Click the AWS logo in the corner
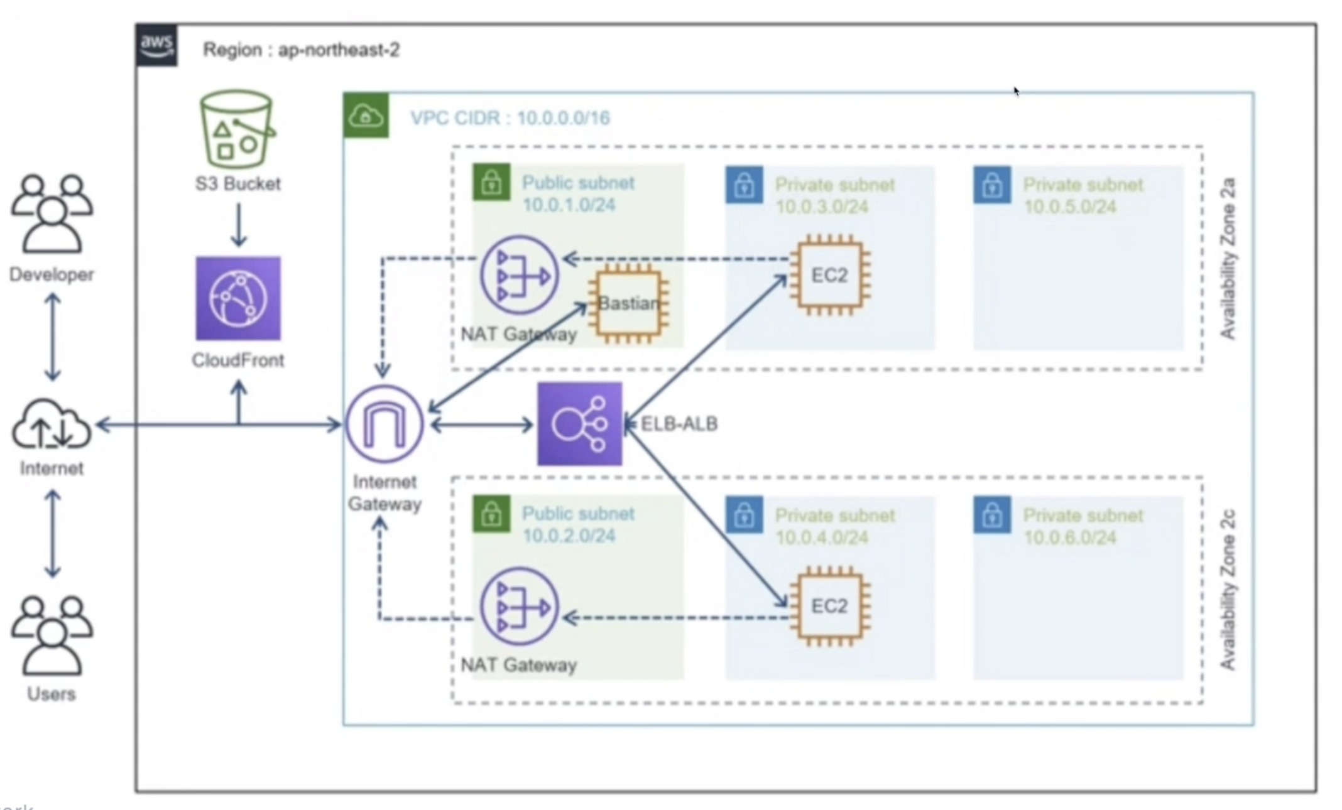coord(156,45)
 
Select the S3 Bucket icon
coord(237,129)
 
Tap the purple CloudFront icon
coord(238,298)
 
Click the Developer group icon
coord(52,213)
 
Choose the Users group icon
coord(52,635)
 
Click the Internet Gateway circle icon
coord(385,424)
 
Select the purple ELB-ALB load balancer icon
coord(580,424)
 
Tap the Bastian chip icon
coord(628,304)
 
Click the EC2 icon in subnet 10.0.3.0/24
coord(830,275)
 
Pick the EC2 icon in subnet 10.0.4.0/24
coord(830,606)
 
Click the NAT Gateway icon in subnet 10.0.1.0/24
coord(520,275)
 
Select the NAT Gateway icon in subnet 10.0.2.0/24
coord(520,607)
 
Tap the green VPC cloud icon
coord(366,116)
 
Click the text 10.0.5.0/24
coord(1070,207)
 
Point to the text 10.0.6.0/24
coord(1070,537)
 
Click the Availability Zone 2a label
coord(1228,258)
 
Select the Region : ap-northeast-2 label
coord(302,50)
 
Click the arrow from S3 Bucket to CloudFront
coord(238,224)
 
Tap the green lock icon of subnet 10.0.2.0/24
coord(491,514)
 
